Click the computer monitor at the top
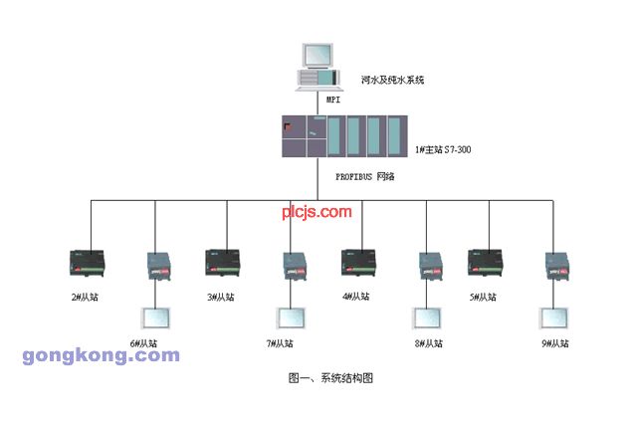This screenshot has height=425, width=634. point(318,56)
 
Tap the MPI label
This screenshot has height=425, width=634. point(333,100)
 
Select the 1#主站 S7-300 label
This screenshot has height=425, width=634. point(443,149)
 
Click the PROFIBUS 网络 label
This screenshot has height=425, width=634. point(365,177)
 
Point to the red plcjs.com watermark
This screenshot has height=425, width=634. point(317,212)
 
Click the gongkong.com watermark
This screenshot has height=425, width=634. point(102,355)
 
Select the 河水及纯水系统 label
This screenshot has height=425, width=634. point(392,80)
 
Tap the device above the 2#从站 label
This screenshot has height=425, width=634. point(87,263)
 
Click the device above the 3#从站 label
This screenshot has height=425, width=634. point(223,263)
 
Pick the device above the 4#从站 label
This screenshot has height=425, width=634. point(358,263)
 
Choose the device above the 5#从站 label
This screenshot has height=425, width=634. point(486,263)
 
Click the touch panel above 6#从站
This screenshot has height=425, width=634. point(155,319)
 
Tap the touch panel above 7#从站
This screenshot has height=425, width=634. point(291,319)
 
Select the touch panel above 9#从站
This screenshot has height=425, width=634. point(554,319)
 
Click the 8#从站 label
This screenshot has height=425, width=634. point(429,343)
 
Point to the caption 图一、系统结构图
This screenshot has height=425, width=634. point(330,378)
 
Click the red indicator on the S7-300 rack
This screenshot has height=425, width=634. point(289,127)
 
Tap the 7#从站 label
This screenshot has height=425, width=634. point(280,343)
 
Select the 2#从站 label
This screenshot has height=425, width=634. point(85,298)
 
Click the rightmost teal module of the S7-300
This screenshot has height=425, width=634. point(394,136)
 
